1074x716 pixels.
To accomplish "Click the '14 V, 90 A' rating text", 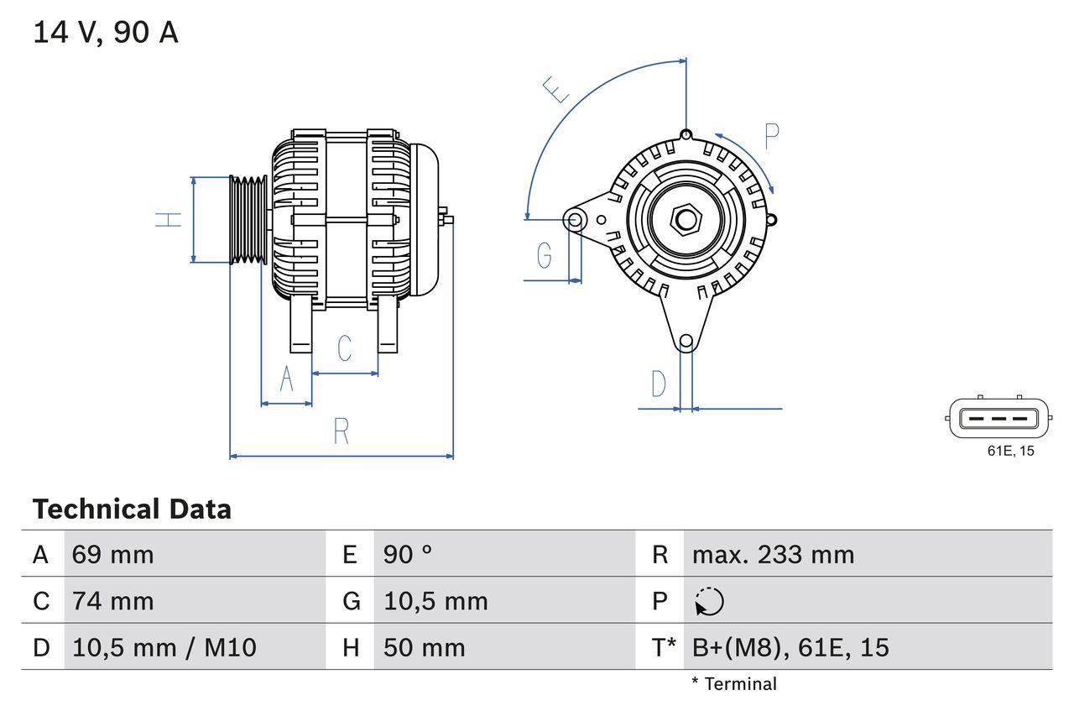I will click(106, 33).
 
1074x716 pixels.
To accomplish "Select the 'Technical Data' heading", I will click(132, 510).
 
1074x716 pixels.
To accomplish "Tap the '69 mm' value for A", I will click(112, 554).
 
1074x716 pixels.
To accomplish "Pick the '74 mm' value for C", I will click(112, 601).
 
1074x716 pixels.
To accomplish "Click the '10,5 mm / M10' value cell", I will click(164, 647).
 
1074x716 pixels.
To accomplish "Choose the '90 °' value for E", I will click(408, 554).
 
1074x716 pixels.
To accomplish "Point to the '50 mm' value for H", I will click(424, 647).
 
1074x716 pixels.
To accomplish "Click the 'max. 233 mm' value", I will click(773, 554).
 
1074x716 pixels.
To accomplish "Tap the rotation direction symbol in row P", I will click(709, 601).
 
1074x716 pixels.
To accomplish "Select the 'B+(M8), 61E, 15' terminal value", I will click(790, 647).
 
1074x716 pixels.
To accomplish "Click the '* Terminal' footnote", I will click(734, 684).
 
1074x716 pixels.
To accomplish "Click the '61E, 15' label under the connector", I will click(1010, 452).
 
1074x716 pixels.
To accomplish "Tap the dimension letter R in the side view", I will click(341, 431).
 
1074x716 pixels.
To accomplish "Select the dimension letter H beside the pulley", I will click(169, 220).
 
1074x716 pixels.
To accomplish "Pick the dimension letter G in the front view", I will click(545, 254).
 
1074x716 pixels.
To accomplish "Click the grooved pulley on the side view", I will click(248, 220).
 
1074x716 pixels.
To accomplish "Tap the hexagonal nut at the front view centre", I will click(686, 220).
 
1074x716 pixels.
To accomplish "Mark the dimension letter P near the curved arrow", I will click(771, 136).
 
